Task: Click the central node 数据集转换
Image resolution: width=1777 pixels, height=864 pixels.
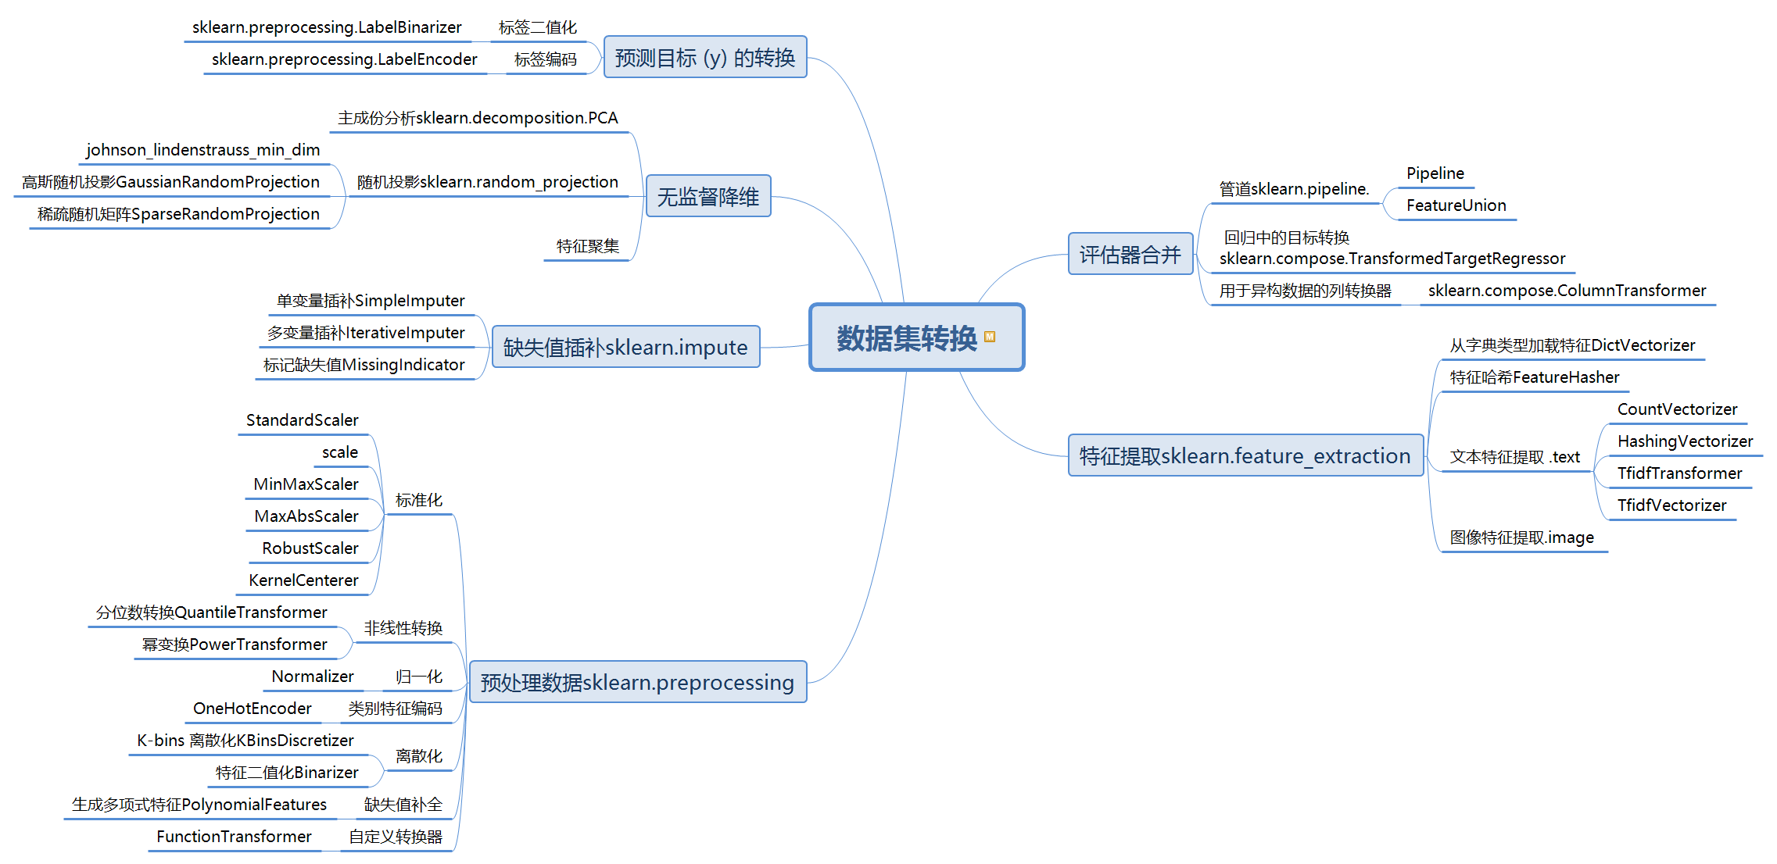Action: (907, 337)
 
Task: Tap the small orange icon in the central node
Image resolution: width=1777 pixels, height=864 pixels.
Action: (990, 337)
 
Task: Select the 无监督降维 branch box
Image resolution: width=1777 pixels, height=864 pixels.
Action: (708, 196)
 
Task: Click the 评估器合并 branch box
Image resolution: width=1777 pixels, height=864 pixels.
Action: (1130, 254)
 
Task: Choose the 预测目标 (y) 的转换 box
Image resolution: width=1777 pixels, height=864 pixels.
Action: (704, 57)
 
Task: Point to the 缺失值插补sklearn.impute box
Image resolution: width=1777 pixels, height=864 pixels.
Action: (625, 347)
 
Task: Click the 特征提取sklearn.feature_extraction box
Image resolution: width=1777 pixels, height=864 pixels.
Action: (1245, 455)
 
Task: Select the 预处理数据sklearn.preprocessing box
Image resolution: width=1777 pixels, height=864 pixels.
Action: (637, 682)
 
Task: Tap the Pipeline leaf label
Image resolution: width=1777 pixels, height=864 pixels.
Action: (1435, 173)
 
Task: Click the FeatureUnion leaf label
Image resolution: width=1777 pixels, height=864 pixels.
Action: (1456, 205)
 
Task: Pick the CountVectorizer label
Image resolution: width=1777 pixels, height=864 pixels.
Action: (1677, 409)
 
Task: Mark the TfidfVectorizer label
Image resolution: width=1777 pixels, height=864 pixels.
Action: (1671, 505)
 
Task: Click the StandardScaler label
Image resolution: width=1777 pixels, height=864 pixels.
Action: (302, 420)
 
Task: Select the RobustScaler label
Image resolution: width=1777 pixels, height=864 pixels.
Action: (310, 548)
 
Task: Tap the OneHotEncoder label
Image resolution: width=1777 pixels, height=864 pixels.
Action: (252, 709)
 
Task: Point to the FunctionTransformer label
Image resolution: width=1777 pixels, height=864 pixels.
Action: (234, 837)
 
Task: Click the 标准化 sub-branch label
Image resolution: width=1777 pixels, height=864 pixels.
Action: (418, 500)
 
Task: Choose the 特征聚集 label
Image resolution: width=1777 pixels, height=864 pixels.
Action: (587, 247)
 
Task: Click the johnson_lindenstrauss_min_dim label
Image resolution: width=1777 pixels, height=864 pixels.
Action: (202, 150)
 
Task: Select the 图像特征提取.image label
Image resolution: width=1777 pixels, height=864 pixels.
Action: (1521, 537)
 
